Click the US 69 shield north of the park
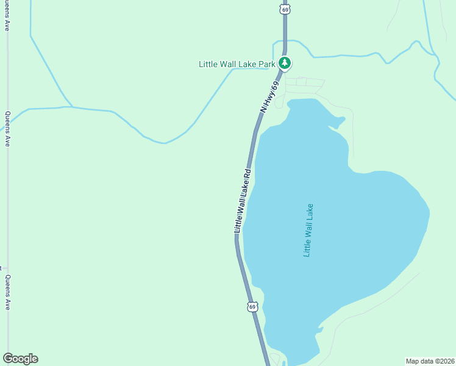[285, 9]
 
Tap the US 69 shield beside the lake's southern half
[252, 306]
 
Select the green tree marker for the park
[284, 63]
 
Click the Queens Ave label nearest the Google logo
[7, 292]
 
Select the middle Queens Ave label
[7, 129]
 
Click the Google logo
[20, 359]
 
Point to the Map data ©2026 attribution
[430, 361]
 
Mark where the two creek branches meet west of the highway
[69, 107]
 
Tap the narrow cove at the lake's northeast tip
[337, 121]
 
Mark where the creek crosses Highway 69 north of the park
[284, 42]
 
